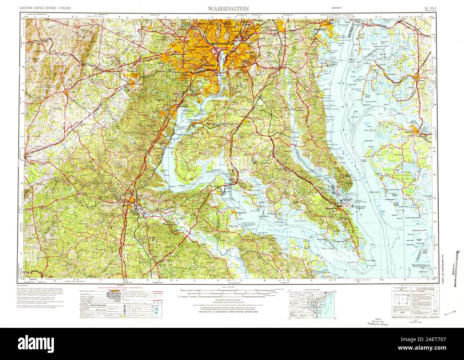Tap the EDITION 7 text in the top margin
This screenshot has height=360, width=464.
click(338, 8)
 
